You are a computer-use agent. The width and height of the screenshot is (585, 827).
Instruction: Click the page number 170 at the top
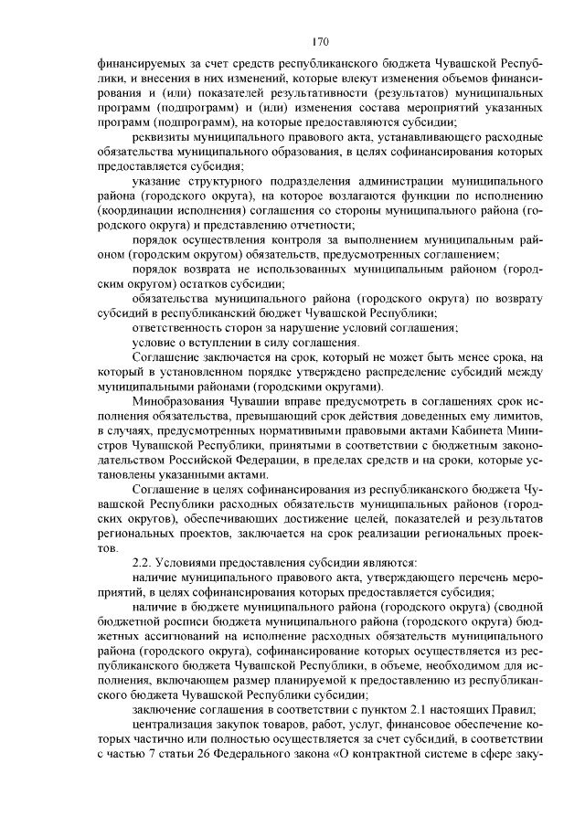coord(320,41)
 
